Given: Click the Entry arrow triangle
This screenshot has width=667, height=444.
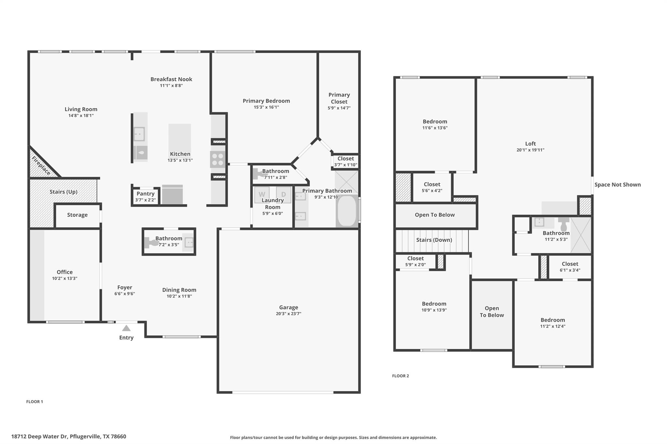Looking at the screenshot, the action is point(126,328).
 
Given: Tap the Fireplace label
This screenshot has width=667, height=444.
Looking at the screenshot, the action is point(41,166).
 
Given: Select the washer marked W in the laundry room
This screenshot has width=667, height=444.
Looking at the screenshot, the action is point(262,195).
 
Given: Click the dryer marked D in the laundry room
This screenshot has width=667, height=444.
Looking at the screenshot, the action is point(283,195).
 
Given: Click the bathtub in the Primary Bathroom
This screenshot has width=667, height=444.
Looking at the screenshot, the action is point(347,210).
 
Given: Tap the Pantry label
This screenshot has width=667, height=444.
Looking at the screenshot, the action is point(145,194).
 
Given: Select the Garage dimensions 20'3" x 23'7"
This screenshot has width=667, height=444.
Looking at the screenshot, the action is point(289,314).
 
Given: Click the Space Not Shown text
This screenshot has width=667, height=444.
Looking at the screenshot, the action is point(617,185).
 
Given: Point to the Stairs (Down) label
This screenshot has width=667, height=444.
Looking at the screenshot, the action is point(434,240).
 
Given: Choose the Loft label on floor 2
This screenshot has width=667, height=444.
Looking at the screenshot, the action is point(530,143).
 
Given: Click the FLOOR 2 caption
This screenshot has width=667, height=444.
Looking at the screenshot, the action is point(400,376).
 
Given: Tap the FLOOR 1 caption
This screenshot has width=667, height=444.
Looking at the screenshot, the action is point(35,401).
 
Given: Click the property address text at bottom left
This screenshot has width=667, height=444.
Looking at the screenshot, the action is point(69,437).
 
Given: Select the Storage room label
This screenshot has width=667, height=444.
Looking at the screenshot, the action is point(77,215).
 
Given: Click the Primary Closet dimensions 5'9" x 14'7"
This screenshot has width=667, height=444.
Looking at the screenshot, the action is point(339,108).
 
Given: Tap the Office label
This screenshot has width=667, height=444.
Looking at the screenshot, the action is point(64,272).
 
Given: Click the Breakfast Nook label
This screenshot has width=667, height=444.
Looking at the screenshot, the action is point(171,79).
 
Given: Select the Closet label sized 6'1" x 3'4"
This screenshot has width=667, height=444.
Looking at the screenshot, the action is point(570,264).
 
